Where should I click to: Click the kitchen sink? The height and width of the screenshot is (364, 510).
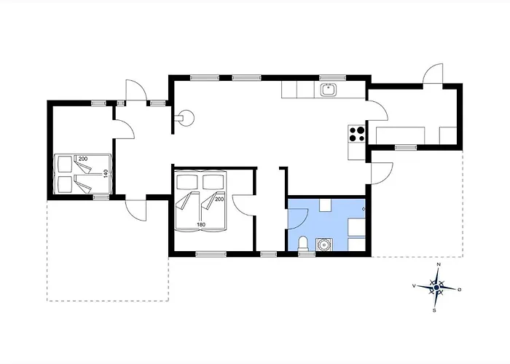click(329, 90)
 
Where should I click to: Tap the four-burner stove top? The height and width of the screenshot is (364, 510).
click(356, 134)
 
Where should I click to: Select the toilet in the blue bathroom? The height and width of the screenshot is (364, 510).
click(303, 244)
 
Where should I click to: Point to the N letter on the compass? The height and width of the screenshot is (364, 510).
click(439, 264)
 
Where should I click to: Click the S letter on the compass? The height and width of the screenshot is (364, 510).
click(434, 311)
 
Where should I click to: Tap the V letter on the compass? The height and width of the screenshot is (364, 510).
click(414, 286)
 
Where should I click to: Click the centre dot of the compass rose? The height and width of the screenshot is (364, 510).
click(436, 288)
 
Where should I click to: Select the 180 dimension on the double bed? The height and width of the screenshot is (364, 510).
click(201, 224)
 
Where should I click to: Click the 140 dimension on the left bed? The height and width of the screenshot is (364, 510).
click(106, 173)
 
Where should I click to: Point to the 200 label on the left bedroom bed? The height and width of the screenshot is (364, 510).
click(83, 159)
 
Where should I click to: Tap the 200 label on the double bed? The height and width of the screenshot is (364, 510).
click(219, 199)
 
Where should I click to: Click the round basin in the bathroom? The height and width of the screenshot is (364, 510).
click(324, 245)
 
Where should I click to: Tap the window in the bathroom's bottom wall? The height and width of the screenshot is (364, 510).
click(307, 254)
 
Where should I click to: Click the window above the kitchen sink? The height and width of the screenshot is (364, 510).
click(332, 78)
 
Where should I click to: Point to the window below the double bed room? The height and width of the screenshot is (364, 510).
click(211, 254)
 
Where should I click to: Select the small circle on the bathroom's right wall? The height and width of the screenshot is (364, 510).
click(364, 209)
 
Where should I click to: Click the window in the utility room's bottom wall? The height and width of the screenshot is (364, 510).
click(406, 148)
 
